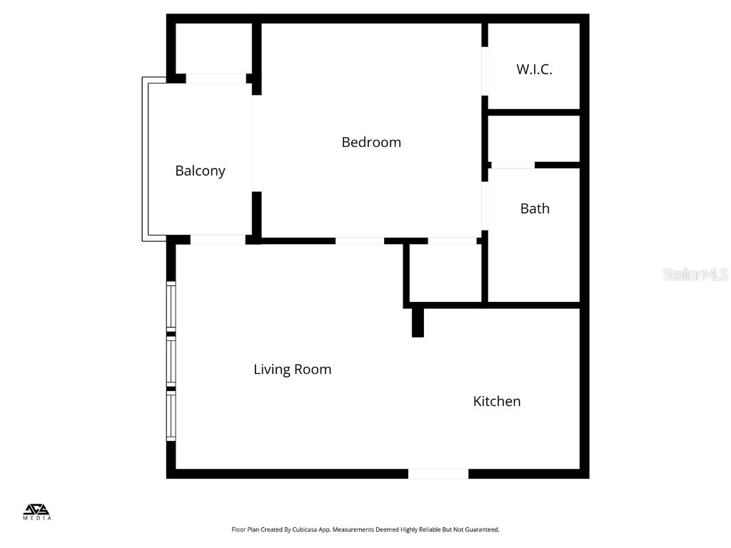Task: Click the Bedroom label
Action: coord(371,142)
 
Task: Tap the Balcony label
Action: coord(200,171)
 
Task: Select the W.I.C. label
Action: coord(534,69)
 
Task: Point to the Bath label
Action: coord(535,208)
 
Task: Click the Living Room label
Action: coord(292,370)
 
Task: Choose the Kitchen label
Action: coord(497,401)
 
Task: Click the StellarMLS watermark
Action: coord(695,274)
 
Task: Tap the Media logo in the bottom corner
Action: coord(38,512)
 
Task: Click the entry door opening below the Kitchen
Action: coord(438,473)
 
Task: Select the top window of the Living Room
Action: coord(171,306)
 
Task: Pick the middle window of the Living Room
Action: coord(171,361)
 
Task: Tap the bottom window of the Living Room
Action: coord(171,416)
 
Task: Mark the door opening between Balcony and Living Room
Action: coord(218,240)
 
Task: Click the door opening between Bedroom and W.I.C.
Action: coord(485,71)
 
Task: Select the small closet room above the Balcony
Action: coord(213,49)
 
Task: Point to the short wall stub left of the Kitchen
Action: coord(418,322)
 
